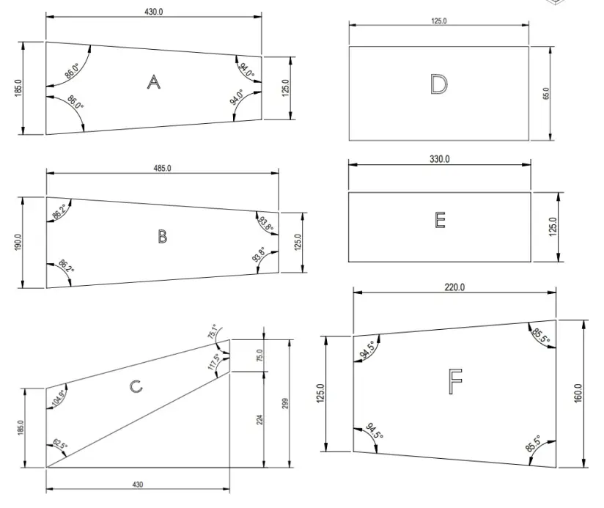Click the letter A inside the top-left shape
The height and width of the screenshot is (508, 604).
click(x=153, y=82)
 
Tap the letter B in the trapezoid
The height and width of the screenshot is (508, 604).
click(x=162, y=237)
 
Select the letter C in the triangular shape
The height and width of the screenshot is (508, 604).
click(x=136, y=386)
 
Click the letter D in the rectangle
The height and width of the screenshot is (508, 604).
click(x=438, y=85)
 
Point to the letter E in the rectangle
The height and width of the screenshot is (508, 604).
click(x=440, y=220)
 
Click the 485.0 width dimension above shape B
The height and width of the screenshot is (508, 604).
click(x=162, y=168)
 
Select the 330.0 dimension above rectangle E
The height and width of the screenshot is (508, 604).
click(x=439, y=159)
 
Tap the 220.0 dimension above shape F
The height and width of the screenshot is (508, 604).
click(x=454, y=287)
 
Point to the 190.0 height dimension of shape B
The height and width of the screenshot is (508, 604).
click(x=18, y=242)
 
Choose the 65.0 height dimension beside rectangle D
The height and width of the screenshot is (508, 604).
click(x=545, y=93)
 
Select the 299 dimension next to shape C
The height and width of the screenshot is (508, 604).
click(x=285, y=402)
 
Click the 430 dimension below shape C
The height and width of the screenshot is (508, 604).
click(x=138, y=485)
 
